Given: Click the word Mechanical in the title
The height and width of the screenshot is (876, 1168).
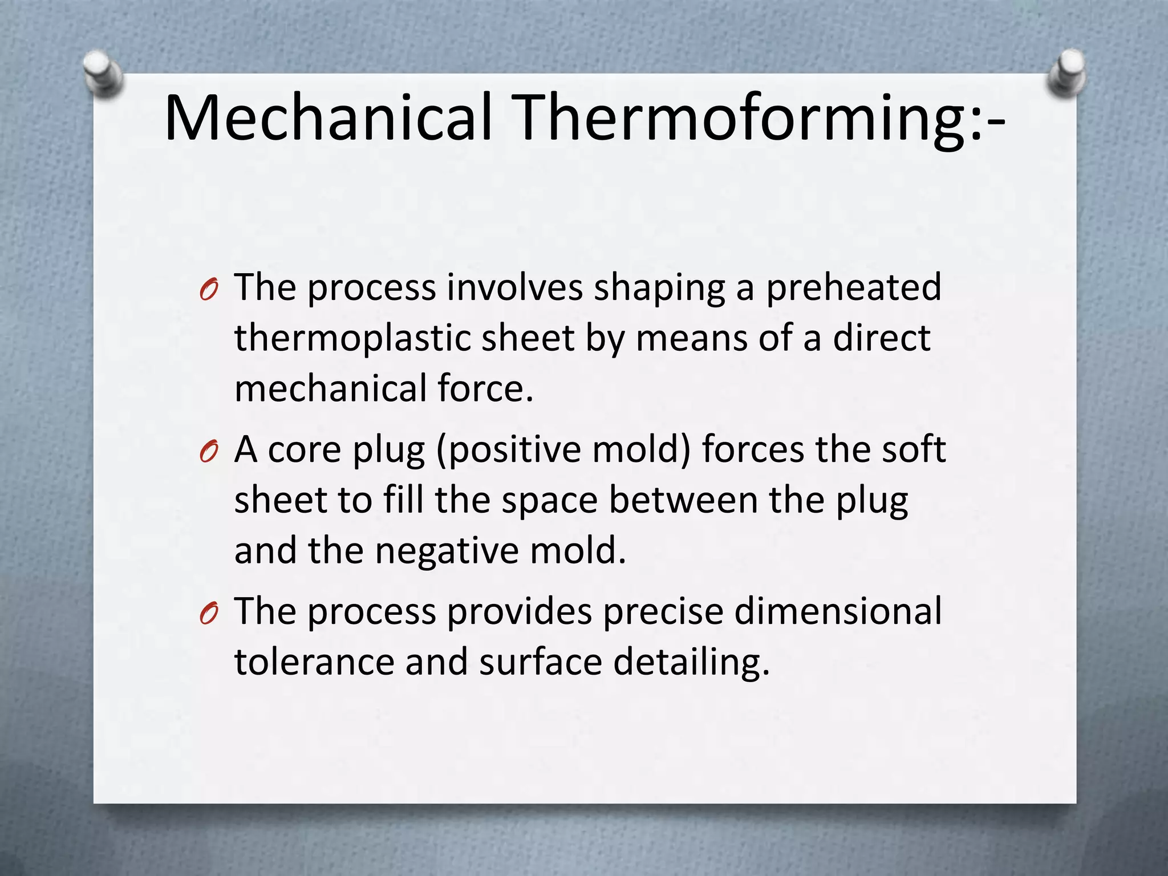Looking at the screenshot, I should coord(328,118).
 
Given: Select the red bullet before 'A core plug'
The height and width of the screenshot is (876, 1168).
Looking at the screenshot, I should coord(209,453).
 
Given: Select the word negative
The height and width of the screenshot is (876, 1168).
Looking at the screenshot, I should coord(446,551).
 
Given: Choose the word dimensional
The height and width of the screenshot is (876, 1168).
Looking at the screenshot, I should coord(837,611).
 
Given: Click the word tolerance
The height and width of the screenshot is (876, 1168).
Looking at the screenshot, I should coord(314,662).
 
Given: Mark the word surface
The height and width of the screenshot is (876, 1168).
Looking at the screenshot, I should coord(540,662).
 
